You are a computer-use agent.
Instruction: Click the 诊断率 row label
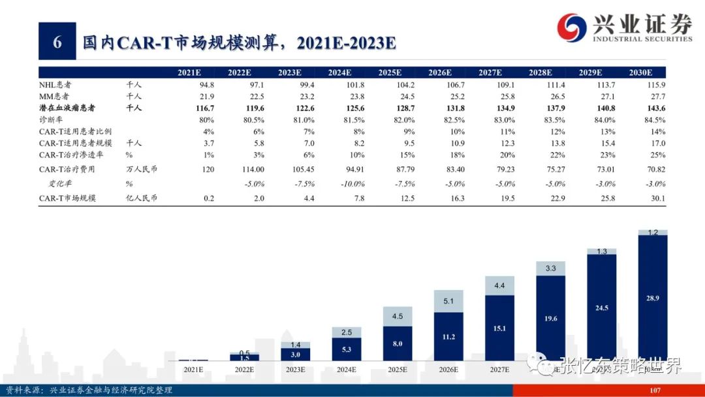pos(50,120)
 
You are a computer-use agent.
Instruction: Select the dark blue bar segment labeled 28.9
pos(653,298)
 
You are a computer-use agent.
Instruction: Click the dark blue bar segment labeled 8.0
pos(397,343)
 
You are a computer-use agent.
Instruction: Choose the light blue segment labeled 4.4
pos(499,285)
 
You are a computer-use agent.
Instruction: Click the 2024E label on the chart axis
pos(346,370)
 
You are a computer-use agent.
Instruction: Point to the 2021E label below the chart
pos(193,370)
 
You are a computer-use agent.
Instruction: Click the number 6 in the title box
pos(57,42)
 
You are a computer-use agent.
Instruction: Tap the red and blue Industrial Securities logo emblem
pos(572,28)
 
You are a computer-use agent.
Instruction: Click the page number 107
pos(655,390)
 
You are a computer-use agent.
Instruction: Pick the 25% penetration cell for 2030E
pos(658,155)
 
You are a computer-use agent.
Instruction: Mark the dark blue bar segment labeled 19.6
pos(550,319)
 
